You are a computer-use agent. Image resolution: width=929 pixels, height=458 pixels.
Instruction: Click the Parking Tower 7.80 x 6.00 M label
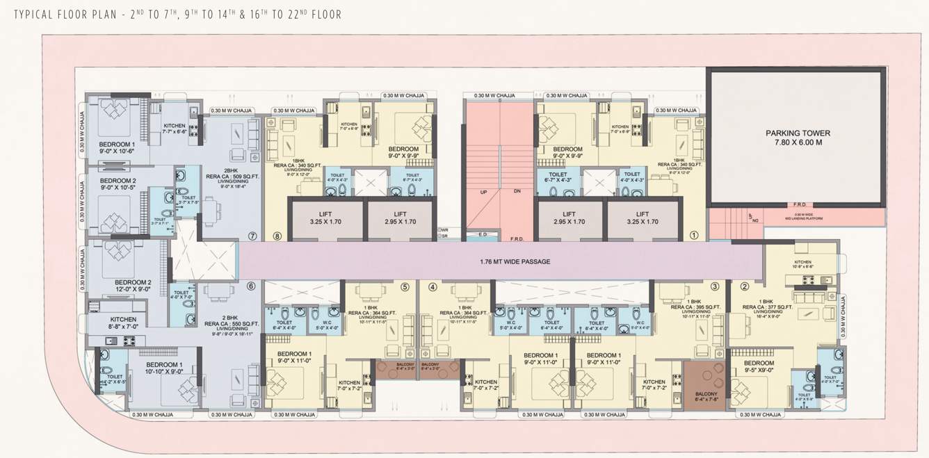[798, 138]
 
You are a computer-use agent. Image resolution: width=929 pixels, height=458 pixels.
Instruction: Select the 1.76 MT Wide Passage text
[515, 261]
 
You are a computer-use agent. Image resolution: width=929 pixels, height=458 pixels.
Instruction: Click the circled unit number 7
[252, 236]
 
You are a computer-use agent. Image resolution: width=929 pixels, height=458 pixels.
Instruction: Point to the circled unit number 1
[693, 236]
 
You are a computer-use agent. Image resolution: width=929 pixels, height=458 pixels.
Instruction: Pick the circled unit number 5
[405, 286]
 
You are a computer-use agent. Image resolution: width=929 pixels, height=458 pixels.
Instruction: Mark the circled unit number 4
[433, 286]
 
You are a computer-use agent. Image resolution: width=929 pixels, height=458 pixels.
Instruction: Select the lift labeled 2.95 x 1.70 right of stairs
[569, 218]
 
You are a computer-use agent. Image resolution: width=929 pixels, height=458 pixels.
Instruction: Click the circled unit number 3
[714, 286]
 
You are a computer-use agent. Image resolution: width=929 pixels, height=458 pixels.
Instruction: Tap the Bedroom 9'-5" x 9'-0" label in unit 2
[758, 366]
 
